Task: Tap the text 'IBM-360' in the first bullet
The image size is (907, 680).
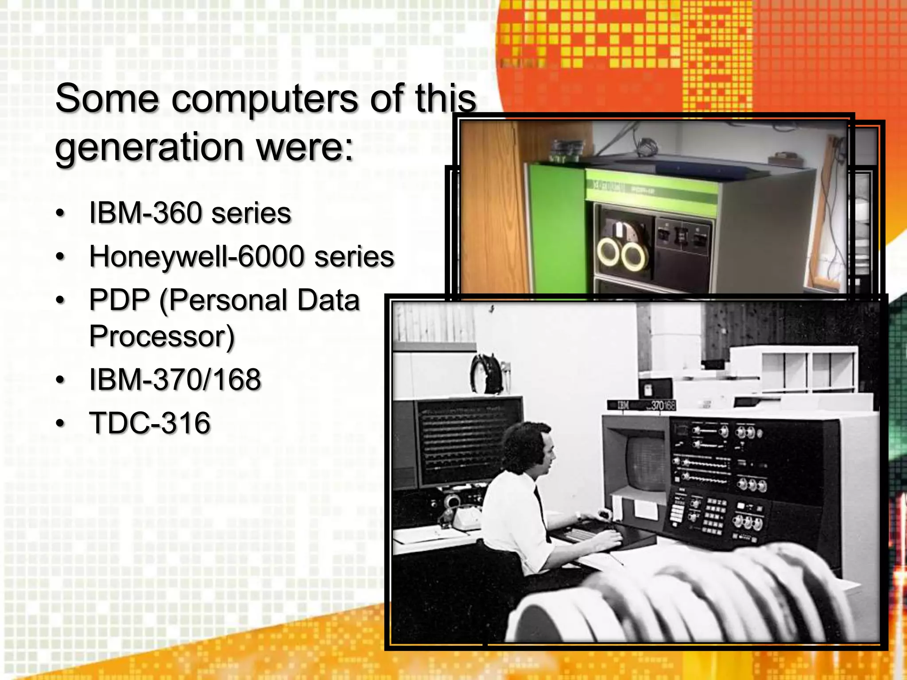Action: click(146, 213)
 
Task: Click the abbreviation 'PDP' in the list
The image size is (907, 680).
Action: click(120, 300)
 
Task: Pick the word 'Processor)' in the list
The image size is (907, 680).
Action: click(162, 336)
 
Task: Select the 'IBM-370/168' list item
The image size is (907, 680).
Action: click(175, 380)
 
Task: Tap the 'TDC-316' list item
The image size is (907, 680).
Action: click(150, 423)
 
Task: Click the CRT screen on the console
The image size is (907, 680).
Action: click(644, 463)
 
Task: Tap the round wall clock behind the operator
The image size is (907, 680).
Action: click(487, 374)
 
